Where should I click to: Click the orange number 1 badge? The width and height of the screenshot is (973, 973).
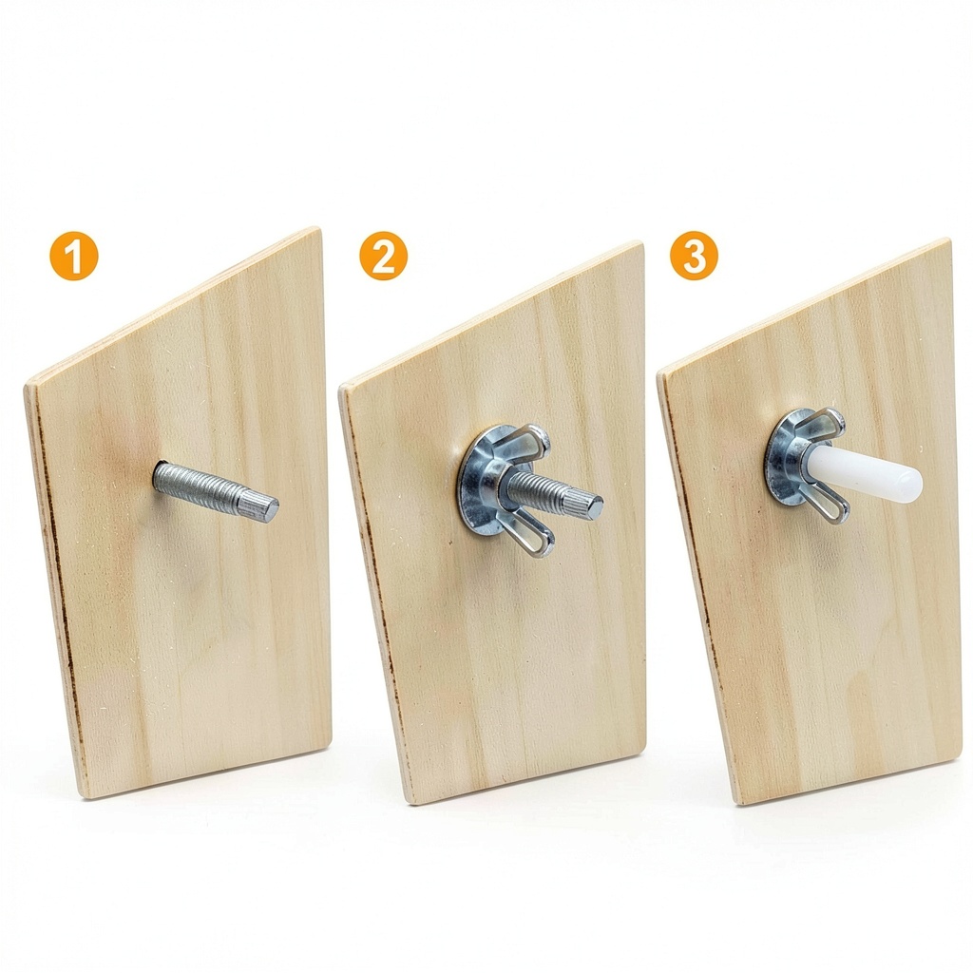click(x=74, y=256)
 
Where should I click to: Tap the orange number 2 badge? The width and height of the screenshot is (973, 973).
click(x=384, y=256)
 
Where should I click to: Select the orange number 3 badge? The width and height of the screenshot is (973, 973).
click(x=694, y=255)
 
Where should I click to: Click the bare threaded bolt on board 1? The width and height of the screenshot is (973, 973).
click(x=216, y=490)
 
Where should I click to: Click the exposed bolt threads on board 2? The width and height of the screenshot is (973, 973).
click(x=540, y=486)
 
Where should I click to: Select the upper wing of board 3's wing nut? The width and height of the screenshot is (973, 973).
click(x=822, y=424)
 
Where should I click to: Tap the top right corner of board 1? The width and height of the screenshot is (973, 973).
click(x=319, y=228)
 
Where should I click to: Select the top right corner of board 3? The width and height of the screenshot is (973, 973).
click(x=948, y=239)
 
